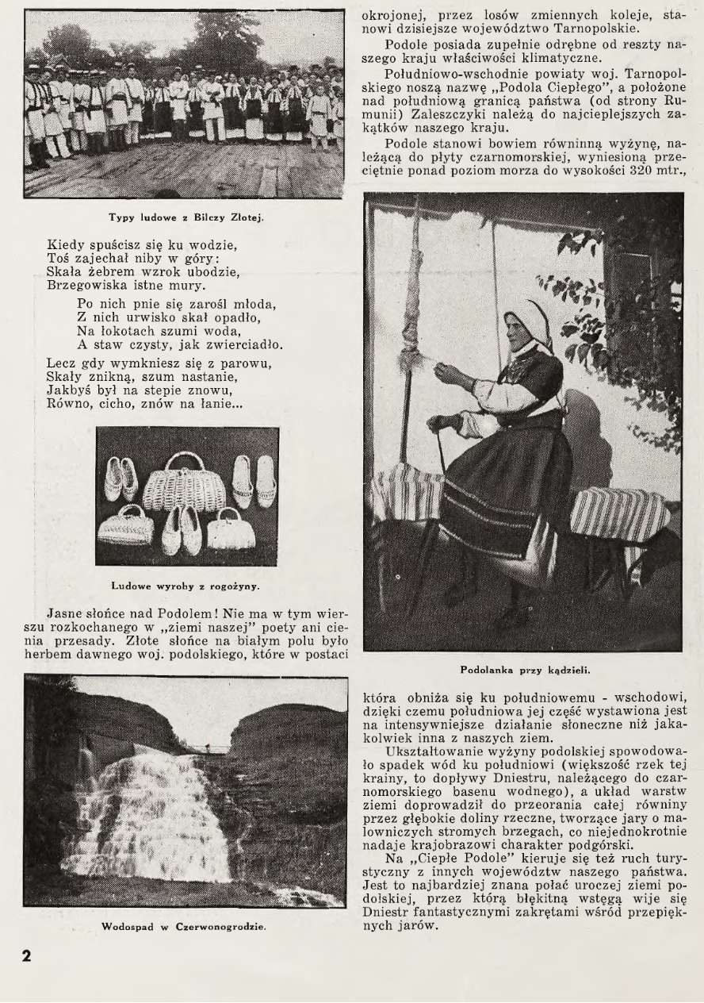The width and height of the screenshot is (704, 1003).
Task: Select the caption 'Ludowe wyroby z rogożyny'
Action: pyautogui.click(x=186, y=586)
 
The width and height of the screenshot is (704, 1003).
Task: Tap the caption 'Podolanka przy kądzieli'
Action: pyautogui.click(x=523, y=669)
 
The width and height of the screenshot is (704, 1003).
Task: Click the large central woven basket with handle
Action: pyautogui.click(x=184, y=485)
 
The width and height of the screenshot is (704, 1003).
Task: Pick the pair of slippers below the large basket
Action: pyautogui.click(x=182, y=531)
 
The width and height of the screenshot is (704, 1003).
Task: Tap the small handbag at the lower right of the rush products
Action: pyautogui.click(x=231, y=530)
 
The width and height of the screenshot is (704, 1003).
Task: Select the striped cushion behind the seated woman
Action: pyautogui.click(x=619, y=513)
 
